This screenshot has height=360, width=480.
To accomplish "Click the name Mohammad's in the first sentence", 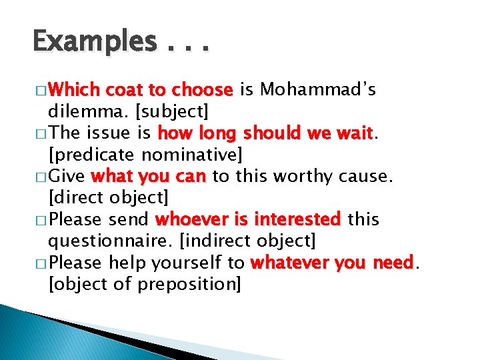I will (x=318, y=89).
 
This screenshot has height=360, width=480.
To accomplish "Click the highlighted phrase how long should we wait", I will (x=265, y=133).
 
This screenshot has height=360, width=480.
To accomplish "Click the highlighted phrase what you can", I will (x=149, y=176).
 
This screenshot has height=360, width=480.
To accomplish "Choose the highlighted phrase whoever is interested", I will (x=247, y=219).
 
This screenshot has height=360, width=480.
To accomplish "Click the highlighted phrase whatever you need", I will (x=332, y=263).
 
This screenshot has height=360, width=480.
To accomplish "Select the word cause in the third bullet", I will (x=369, y=176).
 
